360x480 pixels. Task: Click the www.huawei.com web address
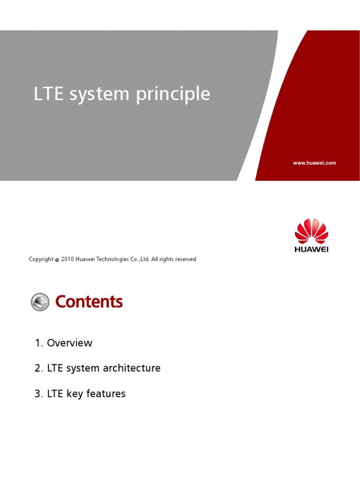(x=314, y=163)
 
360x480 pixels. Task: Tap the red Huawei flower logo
(x=311, y=230)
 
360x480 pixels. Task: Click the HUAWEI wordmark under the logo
(x=311, y=249)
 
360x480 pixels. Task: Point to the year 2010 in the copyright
(x=68, y=259)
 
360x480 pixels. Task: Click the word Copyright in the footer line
(x=41, y=259)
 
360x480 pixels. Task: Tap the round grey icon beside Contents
(x=40, y=302)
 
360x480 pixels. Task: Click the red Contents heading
(x=89, y=302)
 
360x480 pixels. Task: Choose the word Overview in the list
(x=70, y=343)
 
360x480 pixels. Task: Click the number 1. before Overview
(x=39, y=343)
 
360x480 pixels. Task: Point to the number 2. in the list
(x=39, y=368)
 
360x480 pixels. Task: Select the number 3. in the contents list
(x=39, y=394)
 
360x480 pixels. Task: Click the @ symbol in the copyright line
(x=57, y=259)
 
